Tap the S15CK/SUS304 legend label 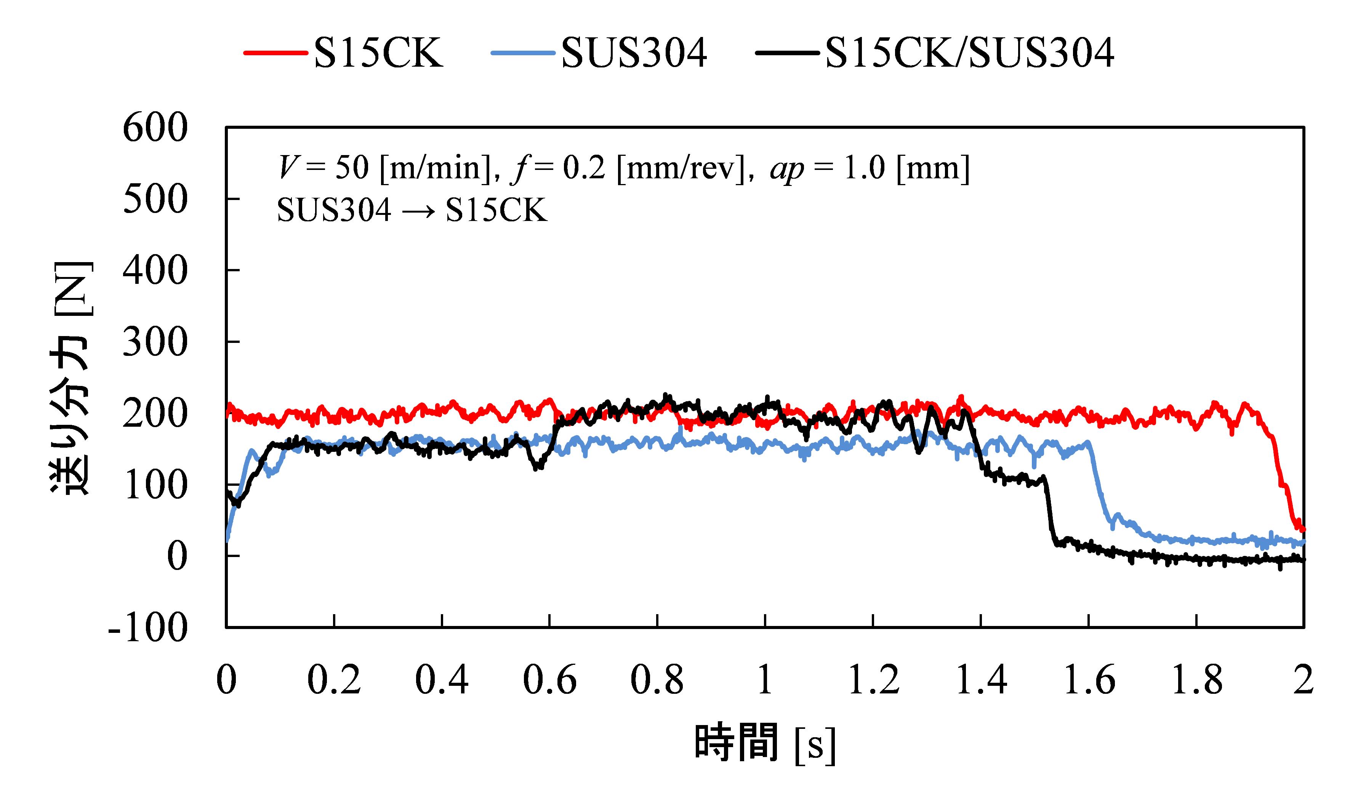pos(969,53)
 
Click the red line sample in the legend pos(275,53)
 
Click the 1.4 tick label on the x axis pos(981,680)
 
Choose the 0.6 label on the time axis pos(549,680)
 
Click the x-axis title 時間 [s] pos(765,743)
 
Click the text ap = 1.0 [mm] pos(870,168)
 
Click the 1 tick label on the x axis pos(765,680)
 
